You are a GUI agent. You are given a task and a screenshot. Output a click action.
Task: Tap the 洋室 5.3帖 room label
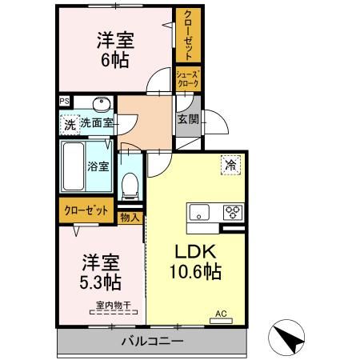point(101,273)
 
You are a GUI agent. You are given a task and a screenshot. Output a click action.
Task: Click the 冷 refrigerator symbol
point(230,165)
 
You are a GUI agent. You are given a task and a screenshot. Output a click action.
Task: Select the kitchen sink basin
point(199,212)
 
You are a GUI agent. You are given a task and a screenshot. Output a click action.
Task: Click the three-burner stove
point(232,212)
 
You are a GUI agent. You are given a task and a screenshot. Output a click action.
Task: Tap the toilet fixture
point(130,186)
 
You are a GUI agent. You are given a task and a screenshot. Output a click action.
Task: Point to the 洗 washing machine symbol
point(70,124)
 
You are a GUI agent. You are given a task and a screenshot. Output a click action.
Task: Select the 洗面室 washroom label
point(96,124)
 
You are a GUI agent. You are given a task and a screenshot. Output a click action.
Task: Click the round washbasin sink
point(101,106)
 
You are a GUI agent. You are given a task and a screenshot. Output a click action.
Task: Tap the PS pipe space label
point(64,102)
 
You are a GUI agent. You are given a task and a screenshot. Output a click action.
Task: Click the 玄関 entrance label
point(188,119)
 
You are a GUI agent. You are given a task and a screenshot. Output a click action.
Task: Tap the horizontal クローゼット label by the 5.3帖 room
point(86,211)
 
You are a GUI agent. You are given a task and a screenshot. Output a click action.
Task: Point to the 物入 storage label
point(130,216)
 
